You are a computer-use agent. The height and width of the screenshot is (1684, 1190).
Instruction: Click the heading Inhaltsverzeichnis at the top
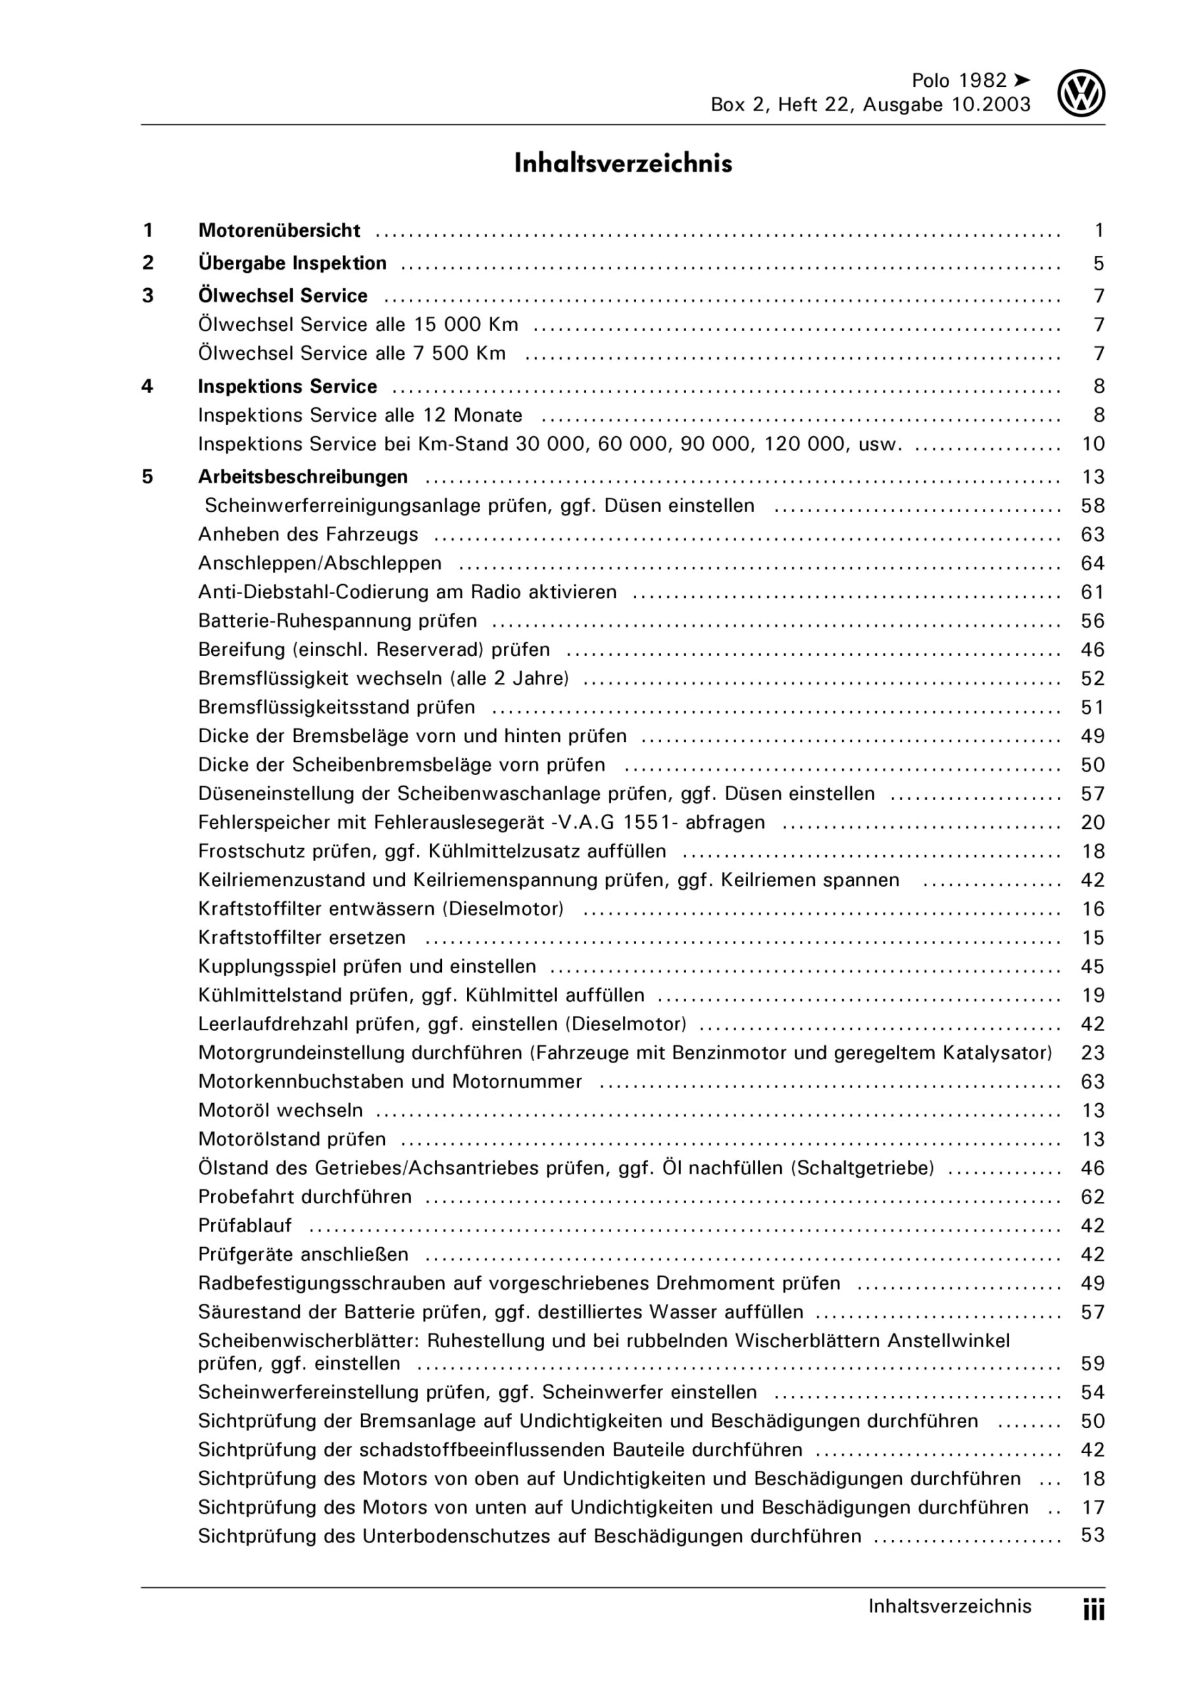pyautogui.click(x=623, y=164)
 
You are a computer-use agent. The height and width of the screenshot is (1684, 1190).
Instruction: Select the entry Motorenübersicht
pyautogui.click(x=279, y=231)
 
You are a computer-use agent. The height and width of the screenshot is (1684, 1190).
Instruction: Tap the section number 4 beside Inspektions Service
pyautogui.click(x=147, y=387)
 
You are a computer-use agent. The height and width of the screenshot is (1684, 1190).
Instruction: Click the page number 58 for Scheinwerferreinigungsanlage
pyautogui.click(x=1093, y=505)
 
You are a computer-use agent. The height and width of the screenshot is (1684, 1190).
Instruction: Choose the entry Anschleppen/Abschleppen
pyautogui.click(x=320, y=563)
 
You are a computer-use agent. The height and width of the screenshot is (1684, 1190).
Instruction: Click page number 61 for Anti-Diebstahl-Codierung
pyautogui.click(x=1093, y=592)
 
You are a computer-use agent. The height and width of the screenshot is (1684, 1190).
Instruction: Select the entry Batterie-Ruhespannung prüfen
pyautogui.click(x=337, y=621)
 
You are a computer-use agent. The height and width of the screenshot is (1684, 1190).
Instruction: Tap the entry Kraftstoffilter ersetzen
pyautogui.click(x=301, y=938)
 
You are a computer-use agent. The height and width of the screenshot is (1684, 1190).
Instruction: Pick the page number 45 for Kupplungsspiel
pyautogui.click(x=1093, y=967)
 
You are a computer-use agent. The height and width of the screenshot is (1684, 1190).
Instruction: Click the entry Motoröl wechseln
pyautogui.click(x=280, y=1110)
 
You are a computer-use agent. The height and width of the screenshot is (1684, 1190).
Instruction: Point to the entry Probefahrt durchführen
pyautogui.click(x=305, y=1197)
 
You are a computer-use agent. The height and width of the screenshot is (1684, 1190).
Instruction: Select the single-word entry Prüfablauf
pyautogui.click(x=245, y=1226)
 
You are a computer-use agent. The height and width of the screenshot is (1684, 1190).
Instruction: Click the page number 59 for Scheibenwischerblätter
pyautogui.click(x=1093, y=1364)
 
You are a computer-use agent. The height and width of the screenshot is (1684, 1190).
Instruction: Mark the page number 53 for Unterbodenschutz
pyautogui.click(x=1093, y=1535)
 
